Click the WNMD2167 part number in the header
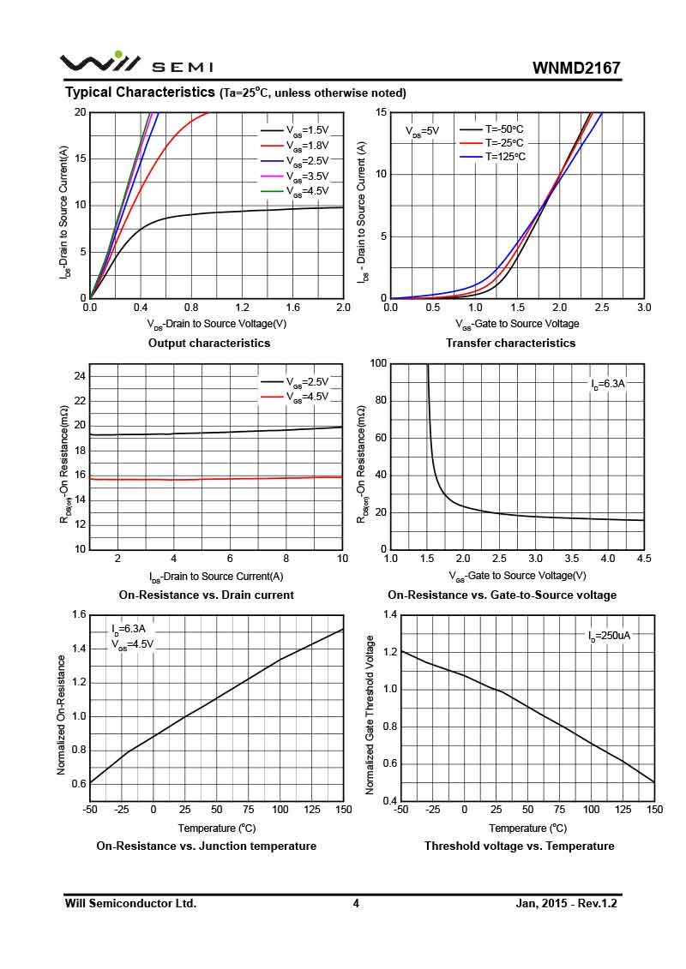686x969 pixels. (576, 68)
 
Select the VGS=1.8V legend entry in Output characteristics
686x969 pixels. (307, 145)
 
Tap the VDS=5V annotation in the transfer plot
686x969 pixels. (422, 131)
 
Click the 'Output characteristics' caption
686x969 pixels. (209, 343)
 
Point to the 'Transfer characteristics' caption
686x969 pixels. (510, 343)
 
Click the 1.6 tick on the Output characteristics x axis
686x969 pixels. (292, 307)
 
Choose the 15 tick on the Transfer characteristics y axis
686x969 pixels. (381, 112)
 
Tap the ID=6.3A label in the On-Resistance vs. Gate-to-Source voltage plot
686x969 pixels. (608, 385)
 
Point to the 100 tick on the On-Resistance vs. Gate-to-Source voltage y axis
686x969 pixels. (377, 363)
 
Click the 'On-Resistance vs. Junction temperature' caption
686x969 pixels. (206, 846)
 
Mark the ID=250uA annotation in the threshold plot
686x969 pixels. (609, 636)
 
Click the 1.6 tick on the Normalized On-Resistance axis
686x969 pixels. (79, 614)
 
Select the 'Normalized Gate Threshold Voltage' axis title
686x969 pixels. (370, 715)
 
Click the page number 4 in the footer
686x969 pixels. (356, 903)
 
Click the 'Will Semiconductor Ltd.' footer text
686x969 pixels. (130, 903)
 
